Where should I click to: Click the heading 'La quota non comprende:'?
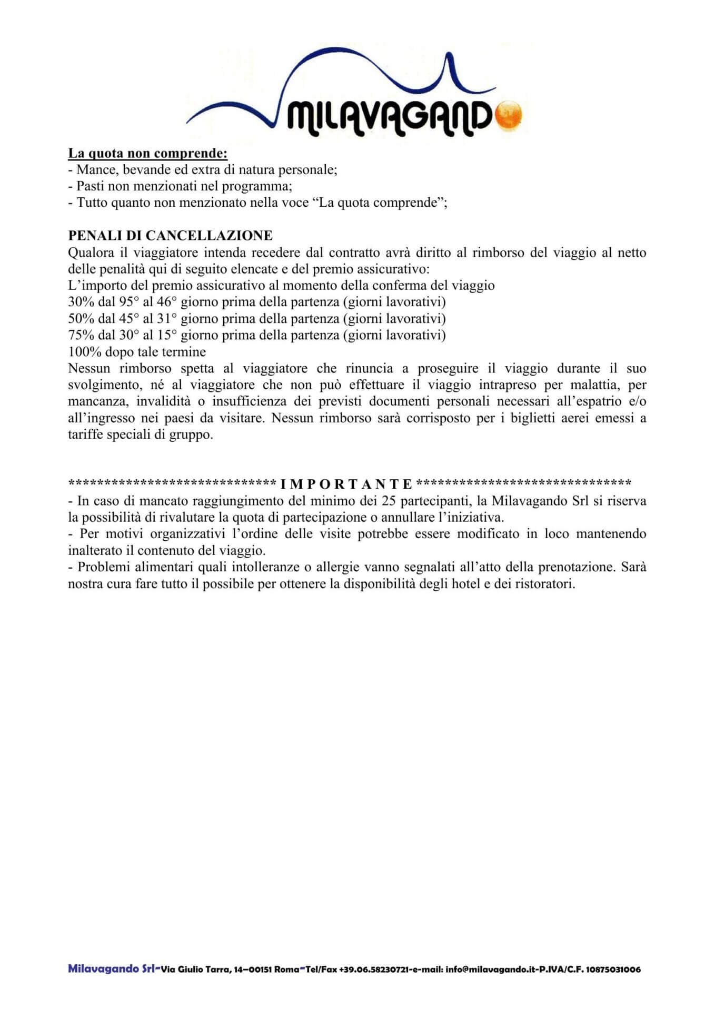point(148,154)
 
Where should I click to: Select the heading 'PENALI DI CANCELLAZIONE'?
point(171,236)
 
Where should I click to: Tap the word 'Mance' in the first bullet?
point(96,170)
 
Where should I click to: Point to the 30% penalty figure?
point(81,302)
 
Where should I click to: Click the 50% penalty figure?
point(81,319)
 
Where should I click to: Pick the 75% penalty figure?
point(81,335)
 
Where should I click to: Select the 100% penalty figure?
point(85,352)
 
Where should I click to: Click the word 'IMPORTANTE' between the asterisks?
point(346,483)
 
